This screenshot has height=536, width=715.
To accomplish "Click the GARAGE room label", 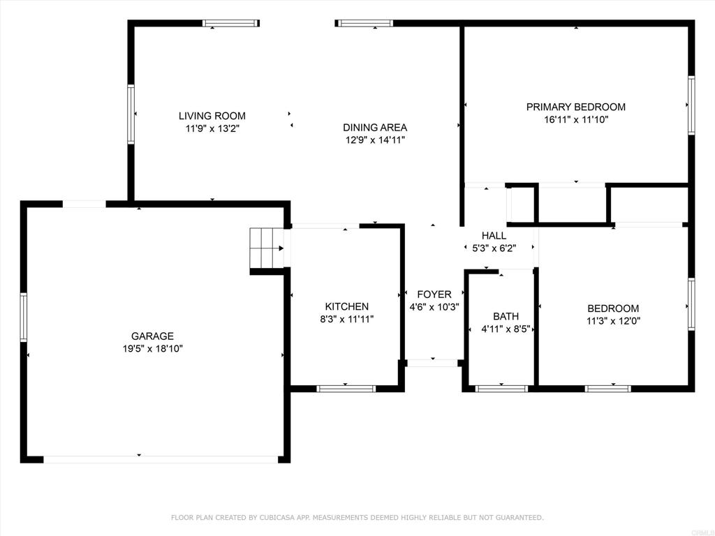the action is tap(152, 336).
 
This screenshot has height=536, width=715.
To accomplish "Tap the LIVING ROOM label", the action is tap(212, 116).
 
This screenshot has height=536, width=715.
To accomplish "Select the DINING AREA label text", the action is tap(375, 127).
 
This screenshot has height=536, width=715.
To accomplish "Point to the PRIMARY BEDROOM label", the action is tap(576, 107).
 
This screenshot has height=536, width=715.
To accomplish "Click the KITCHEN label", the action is tap(346, 306).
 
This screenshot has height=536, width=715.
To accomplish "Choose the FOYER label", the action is tap(434, 295).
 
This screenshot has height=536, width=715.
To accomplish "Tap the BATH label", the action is tap(506, 316).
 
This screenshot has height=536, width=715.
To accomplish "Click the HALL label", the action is tap(494, 236).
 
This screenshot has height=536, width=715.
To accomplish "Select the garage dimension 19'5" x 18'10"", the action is tap(152, 349).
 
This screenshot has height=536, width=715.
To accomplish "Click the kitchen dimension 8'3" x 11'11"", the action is tap(346, 319).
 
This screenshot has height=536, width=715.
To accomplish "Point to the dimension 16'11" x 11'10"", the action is tap(576, 119).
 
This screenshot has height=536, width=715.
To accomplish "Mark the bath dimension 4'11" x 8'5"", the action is tap(506, 329).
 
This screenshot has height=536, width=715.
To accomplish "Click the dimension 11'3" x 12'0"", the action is tap(613, 321).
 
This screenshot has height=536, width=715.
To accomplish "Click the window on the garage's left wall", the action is tap(24, 318).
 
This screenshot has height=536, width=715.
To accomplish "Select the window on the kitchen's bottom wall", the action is tap(346, 389).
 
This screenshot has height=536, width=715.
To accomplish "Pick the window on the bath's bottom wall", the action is tap(501, 389).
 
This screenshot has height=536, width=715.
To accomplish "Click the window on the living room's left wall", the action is tap(131, 114).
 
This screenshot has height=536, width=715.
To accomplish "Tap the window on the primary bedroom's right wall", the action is tap(691, 105).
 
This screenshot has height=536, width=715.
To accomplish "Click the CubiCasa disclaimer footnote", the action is tap(357, 517).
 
